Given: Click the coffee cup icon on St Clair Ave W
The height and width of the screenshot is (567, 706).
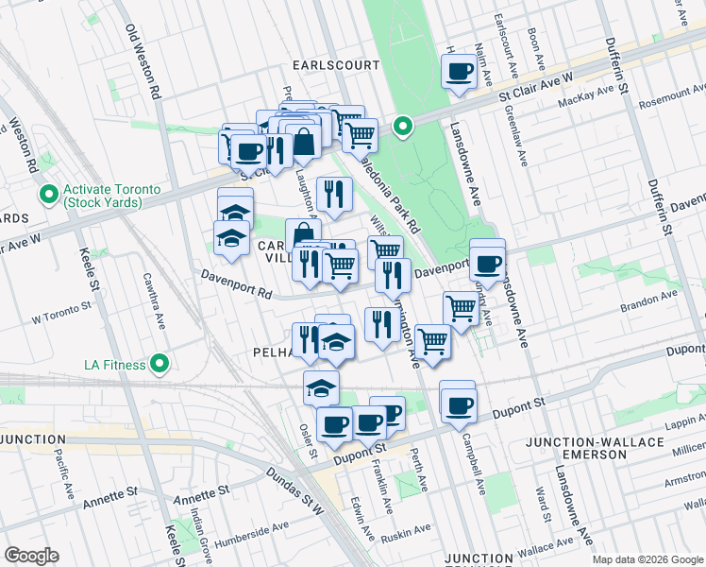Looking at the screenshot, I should coord(460,71).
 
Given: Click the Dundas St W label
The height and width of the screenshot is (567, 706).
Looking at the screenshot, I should coord(294,493).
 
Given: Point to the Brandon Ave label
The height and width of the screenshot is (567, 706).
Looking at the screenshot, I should coord(650,295).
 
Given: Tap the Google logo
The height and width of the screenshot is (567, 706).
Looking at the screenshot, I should coord(31,556).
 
